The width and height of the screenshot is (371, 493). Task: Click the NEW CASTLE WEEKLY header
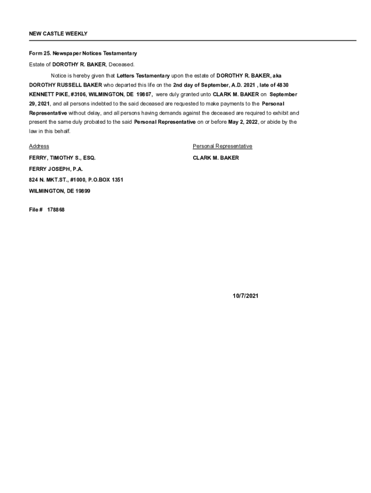tap(58, 34)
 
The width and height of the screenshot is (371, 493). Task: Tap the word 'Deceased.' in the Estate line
tap(121, 65)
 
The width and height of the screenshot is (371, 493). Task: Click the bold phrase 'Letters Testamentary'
tap(143, 76)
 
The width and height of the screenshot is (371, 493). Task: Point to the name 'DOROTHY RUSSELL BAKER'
tap(66, 85)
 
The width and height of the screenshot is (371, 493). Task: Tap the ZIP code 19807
tap(144, 94)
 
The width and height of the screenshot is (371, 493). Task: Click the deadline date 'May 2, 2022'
tap(243, 122)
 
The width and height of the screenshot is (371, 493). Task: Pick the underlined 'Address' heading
tap(39, 146)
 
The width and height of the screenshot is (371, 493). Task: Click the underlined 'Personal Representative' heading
tap(222, 146)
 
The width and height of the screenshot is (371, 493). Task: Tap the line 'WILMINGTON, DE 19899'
tap(59, 191)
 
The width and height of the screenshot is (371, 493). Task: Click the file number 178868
tap(56, 210)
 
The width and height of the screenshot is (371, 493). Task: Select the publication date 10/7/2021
tap(243, 296)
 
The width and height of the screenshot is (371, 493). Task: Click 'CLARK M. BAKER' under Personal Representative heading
tap(215, 158)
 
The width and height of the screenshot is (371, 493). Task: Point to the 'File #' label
tap(36, 210)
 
